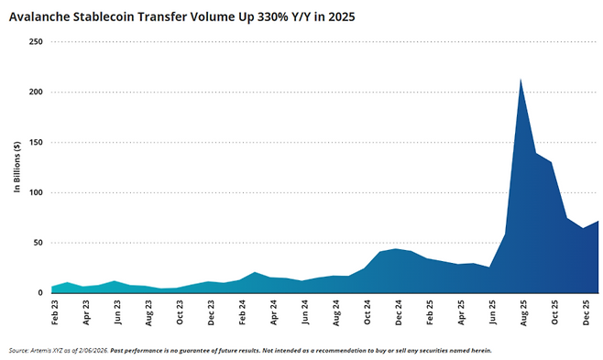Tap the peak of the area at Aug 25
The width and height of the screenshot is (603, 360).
pyautogui.click(x=521, y=80)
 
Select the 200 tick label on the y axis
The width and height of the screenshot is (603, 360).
pyautogui.click(x=36, y=93)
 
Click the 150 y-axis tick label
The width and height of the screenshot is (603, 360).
pyautogui.click(x=36, y=143)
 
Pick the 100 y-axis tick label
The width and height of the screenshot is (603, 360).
pyautogui.click(x=36, y=193)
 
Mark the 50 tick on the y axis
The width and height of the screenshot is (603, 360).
pyautogui.click(x=38, y=244)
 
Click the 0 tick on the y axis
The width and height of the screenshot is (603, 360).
pyautogui.click(x=40, y=293)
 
